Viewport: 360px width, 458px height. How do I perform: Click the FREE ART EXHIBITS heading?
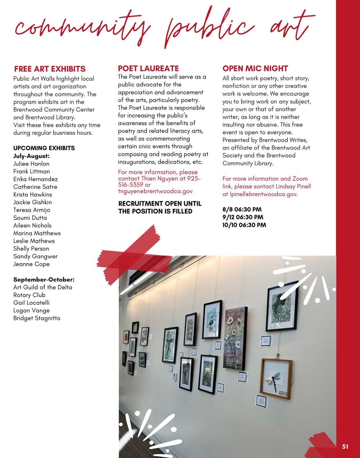[x=50, y=69]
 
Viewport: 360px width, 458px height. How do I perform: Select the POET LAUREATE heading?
[x=148, y=68]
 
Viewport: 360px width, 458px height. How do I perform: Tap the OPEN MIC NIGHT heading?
[x=255, y=68]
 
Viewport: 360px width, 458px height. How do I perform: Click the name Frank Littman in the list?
[x=31, y=171]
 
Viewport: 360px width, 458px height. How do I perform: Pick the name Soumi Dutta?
[x=30, y=218]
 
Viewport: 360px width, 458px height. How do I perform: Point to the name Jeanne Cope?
[x=31, y=264]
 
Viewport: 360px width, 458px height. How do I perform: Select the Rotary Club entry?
[x=29, y=295]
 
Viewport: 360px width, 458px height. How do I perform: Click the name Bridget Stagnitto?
[x=37, y=318]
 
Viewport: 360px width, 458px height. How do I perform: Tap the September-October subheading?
[x=44, y=279]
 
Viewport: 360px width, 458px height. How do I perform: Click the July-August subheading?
[x=31, y=156]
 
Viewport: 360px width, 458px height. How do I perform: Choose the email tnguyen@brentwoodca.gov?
[x=155, y=191]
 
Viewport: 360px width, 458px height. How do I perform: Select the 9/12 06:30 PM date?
[x=243, y=217]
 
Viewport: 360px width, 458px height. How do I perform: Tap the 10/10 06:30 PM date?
[x=244, y=225]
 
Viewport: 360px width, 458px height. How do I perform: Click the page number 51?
[x=345, y=447]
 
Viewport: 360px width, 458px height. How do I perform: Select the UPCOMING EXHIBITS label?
[x=44, y=148]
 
